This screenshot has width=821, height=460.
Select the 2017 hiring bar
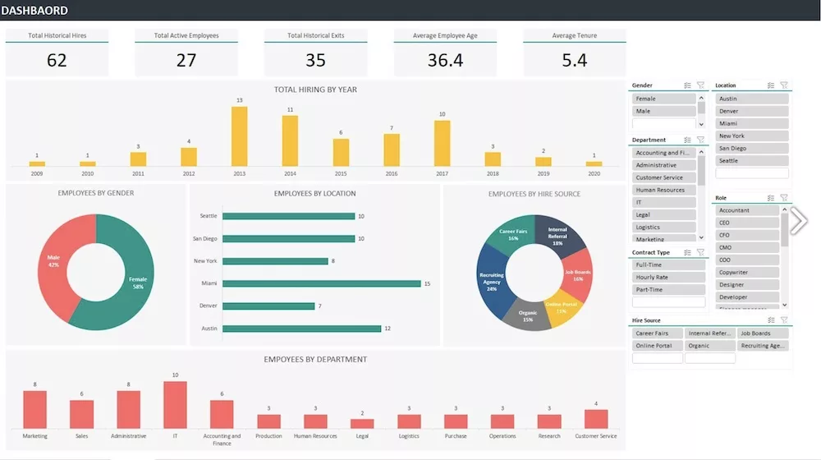pyautogui.click(x=443, y=144)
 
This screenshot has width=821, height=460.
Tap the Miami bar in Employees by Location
pyautogui.click(x=321, y=283)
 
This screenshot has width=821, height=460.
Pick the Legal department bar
pyautogui.click(x=362, y=423)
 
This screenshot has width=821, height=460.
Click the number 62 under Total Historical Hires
pyautogui.click(x=57, y=60)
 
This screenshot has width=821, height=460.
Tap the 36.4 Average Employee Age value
pyautogui.click(x=445, y=60)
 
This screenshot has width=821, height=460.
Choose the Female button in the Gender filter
pyautogui.click(x=664, y=99)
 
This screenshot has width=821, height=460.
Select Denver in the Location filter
pyautogui.click(x=752, y=111)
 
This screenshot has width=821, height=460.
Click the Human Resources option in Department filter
pyautogui.click(x=664, y=190)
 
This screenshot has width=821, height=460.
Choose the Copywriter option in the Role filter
pyautogui.click(x=746, y=272)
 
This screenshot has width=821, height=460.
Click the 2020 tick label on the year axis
pyautogui.click(x=594, y=174)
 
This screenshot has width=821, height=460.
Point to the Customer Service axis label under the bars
pyautogui.click(x=596, y=436)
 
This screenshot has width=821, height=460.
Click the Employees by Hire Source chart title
pyautogui.click(x=534, y=194)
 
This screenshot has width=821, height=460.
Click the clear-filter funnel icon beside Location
pyautogui.click(x=784, y=85)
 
